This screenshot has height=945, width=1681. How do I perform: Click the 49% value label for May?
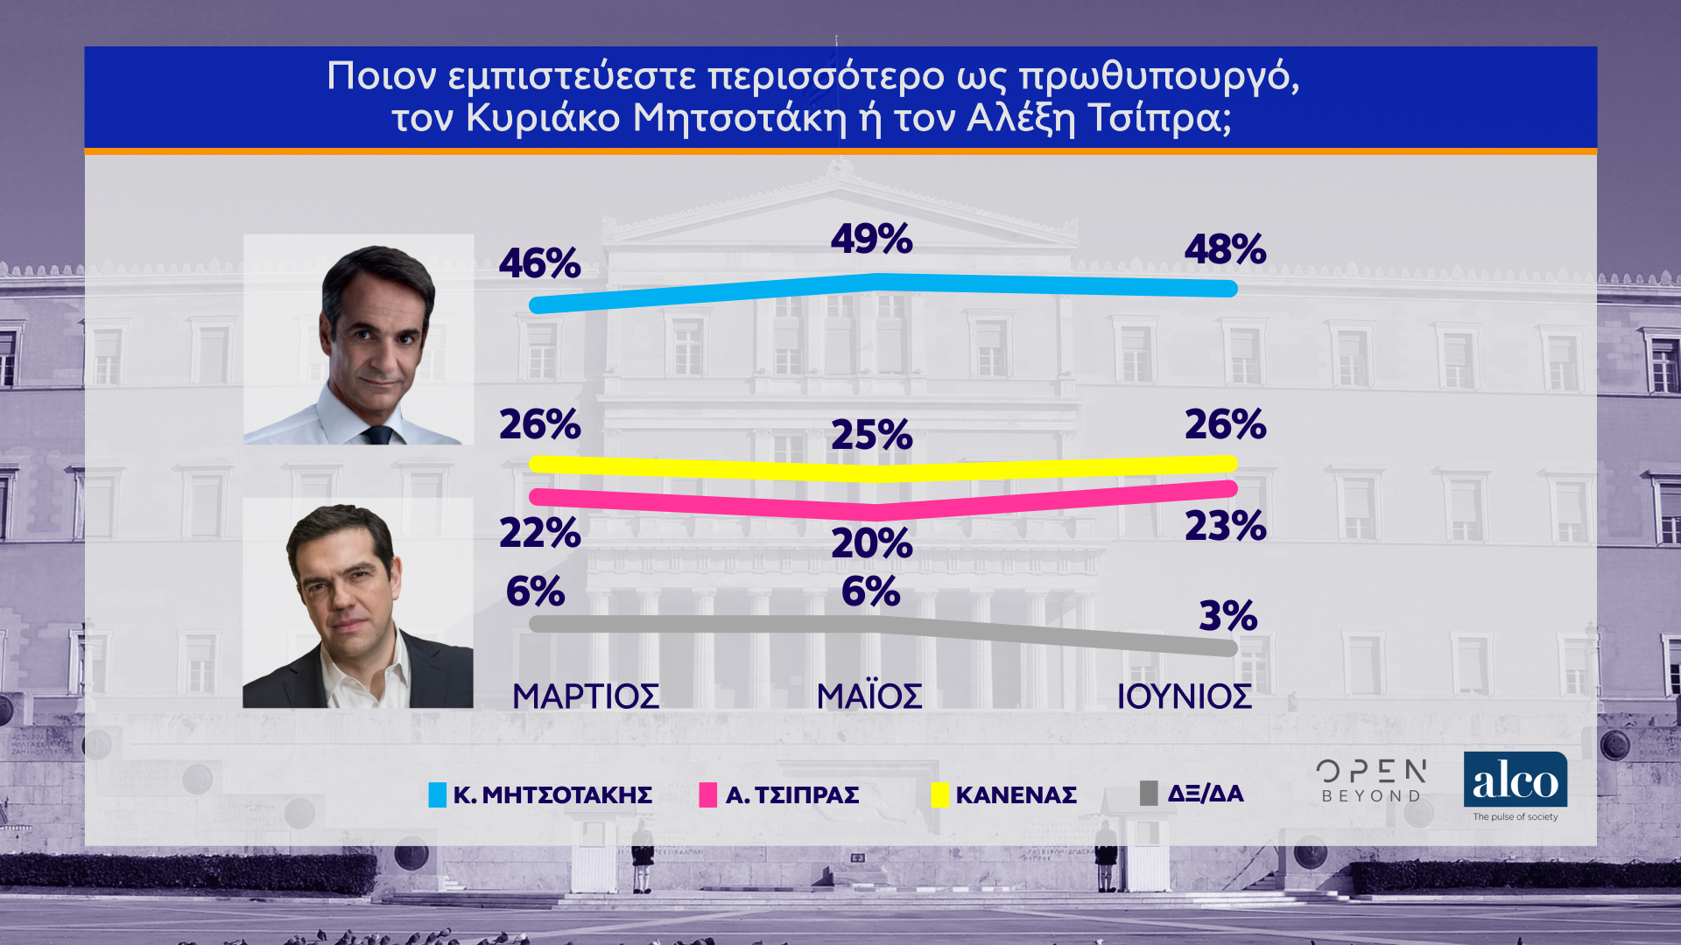click(871, 239)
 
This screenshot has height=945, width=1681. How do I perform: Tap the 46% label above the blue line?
click(539, 263)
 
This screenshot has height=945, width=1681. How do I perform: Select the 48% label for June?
click(1225, 249)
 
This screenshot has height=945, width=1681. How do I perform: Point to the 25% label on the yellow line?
click(871, 435)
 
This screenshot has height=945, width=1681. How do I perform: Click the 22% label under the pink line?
click(539, 533)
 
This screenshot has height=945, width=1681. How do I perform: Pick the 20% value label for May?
click(871, 543)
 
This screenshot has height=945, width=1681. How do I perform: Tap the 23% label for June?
click(1225, 526)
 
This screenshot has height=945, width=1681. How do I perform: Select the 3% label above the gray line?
click(1227, 616)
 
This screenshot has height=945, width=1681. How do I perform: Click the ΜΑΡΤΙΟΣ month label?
click(586, 696)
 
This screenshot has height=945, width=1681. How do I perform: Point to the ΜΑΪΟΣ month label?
click(869, 696)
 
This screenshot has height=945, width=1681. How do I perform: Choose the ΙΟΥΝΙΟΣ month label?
click(1184, 696)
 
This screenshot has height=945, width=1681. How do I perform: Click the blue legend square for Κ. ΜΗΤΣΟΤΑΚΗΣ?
click(437, 794)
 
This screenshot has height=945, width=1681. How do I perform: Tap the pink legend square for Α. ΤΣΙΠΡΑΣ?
click(708, 794)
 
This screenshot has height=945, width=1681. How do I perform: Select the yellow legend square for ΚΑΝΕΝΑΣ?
click(939, 794)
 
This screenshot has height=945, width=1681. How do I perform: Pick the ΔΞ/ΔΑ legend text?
click(1205, 794)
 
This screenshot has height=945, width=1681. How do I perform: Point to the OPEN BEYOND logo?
click(1371, 781)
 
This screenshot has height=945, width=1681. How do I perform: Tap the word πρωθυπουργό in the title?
click(1159, 77)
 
